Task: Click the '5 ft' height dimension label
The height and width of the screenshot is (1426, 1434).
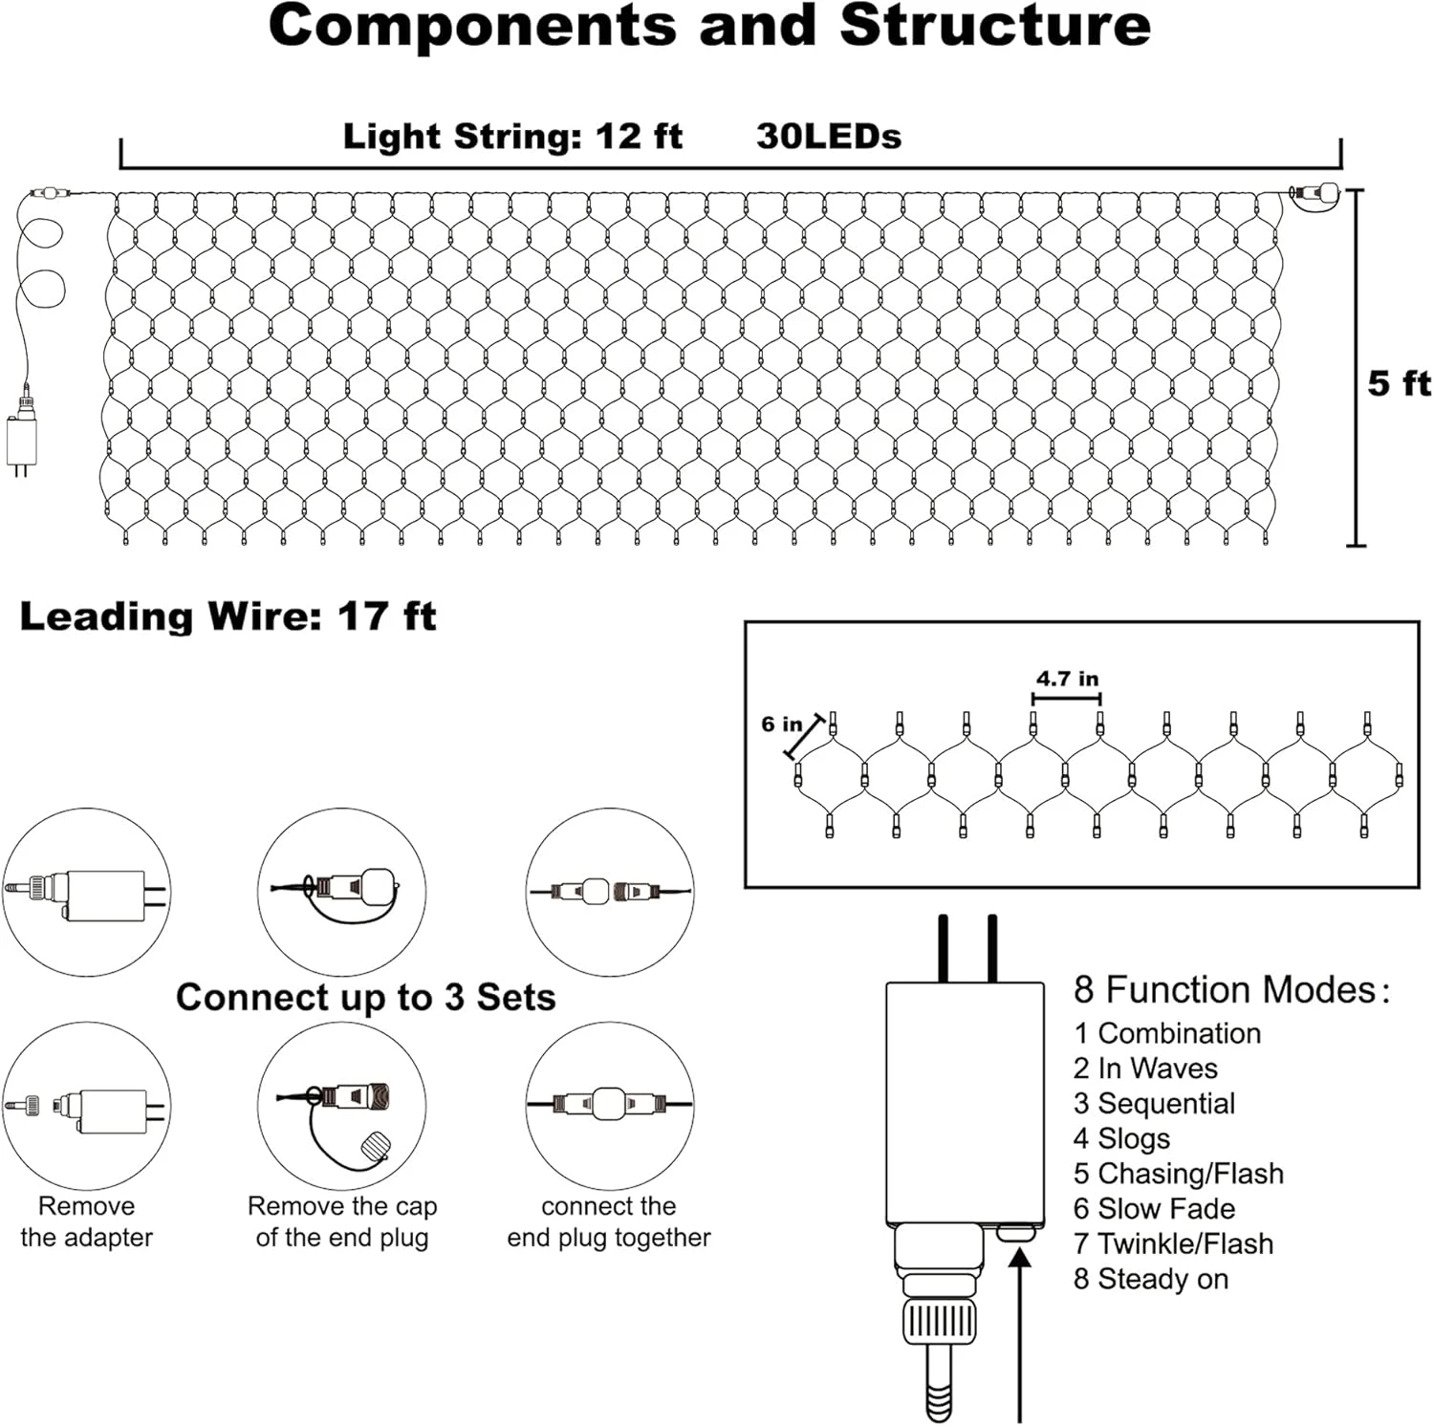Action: click(x=1398, y=383)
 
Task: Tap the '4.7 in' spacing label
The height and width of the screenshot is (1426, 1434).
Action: click(x=1067, y=679)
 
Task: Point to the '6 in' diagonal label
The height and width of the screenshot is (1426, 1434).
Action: click(x=781, y=724)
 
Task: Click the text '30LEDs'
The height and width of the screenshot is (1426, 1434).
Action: click(x=828, y=137)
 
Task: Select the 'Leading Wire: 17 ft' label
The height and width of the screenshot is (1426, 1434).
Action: click(x=228, y=616)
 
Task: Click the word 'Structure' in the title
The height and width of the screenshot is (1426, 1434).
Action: click(x=995, y=26)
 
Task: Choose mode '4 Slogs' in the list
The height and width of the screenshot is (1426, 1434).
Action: click(x=1120, y=1138)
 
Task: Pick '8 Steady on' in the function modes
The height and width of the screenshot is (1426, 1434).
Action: click(x=1150, y=1279)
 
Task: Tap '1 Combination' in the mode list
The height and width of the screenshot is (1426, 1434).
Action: click(x=1166, y=1033)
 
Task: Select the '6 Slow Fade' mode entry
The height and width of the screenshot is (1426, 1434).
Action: click(x=1153, y=1209)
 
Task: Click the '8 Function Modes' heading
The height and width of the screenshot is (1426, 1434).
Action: click(x=1229, y=990)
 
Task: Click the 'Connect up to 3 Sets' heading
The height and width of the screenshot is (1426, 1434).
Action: click(x=365, y=998)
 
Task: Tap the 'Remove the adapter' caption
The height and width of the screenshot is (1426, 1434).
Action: click(x=86, y=1221)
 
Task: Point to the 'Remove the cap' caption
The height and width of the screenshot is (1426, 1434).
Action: click(x=341, y=1206)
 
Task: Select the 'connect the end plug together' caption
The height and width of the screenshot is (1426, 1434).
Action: click(x=608, y=1221)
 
